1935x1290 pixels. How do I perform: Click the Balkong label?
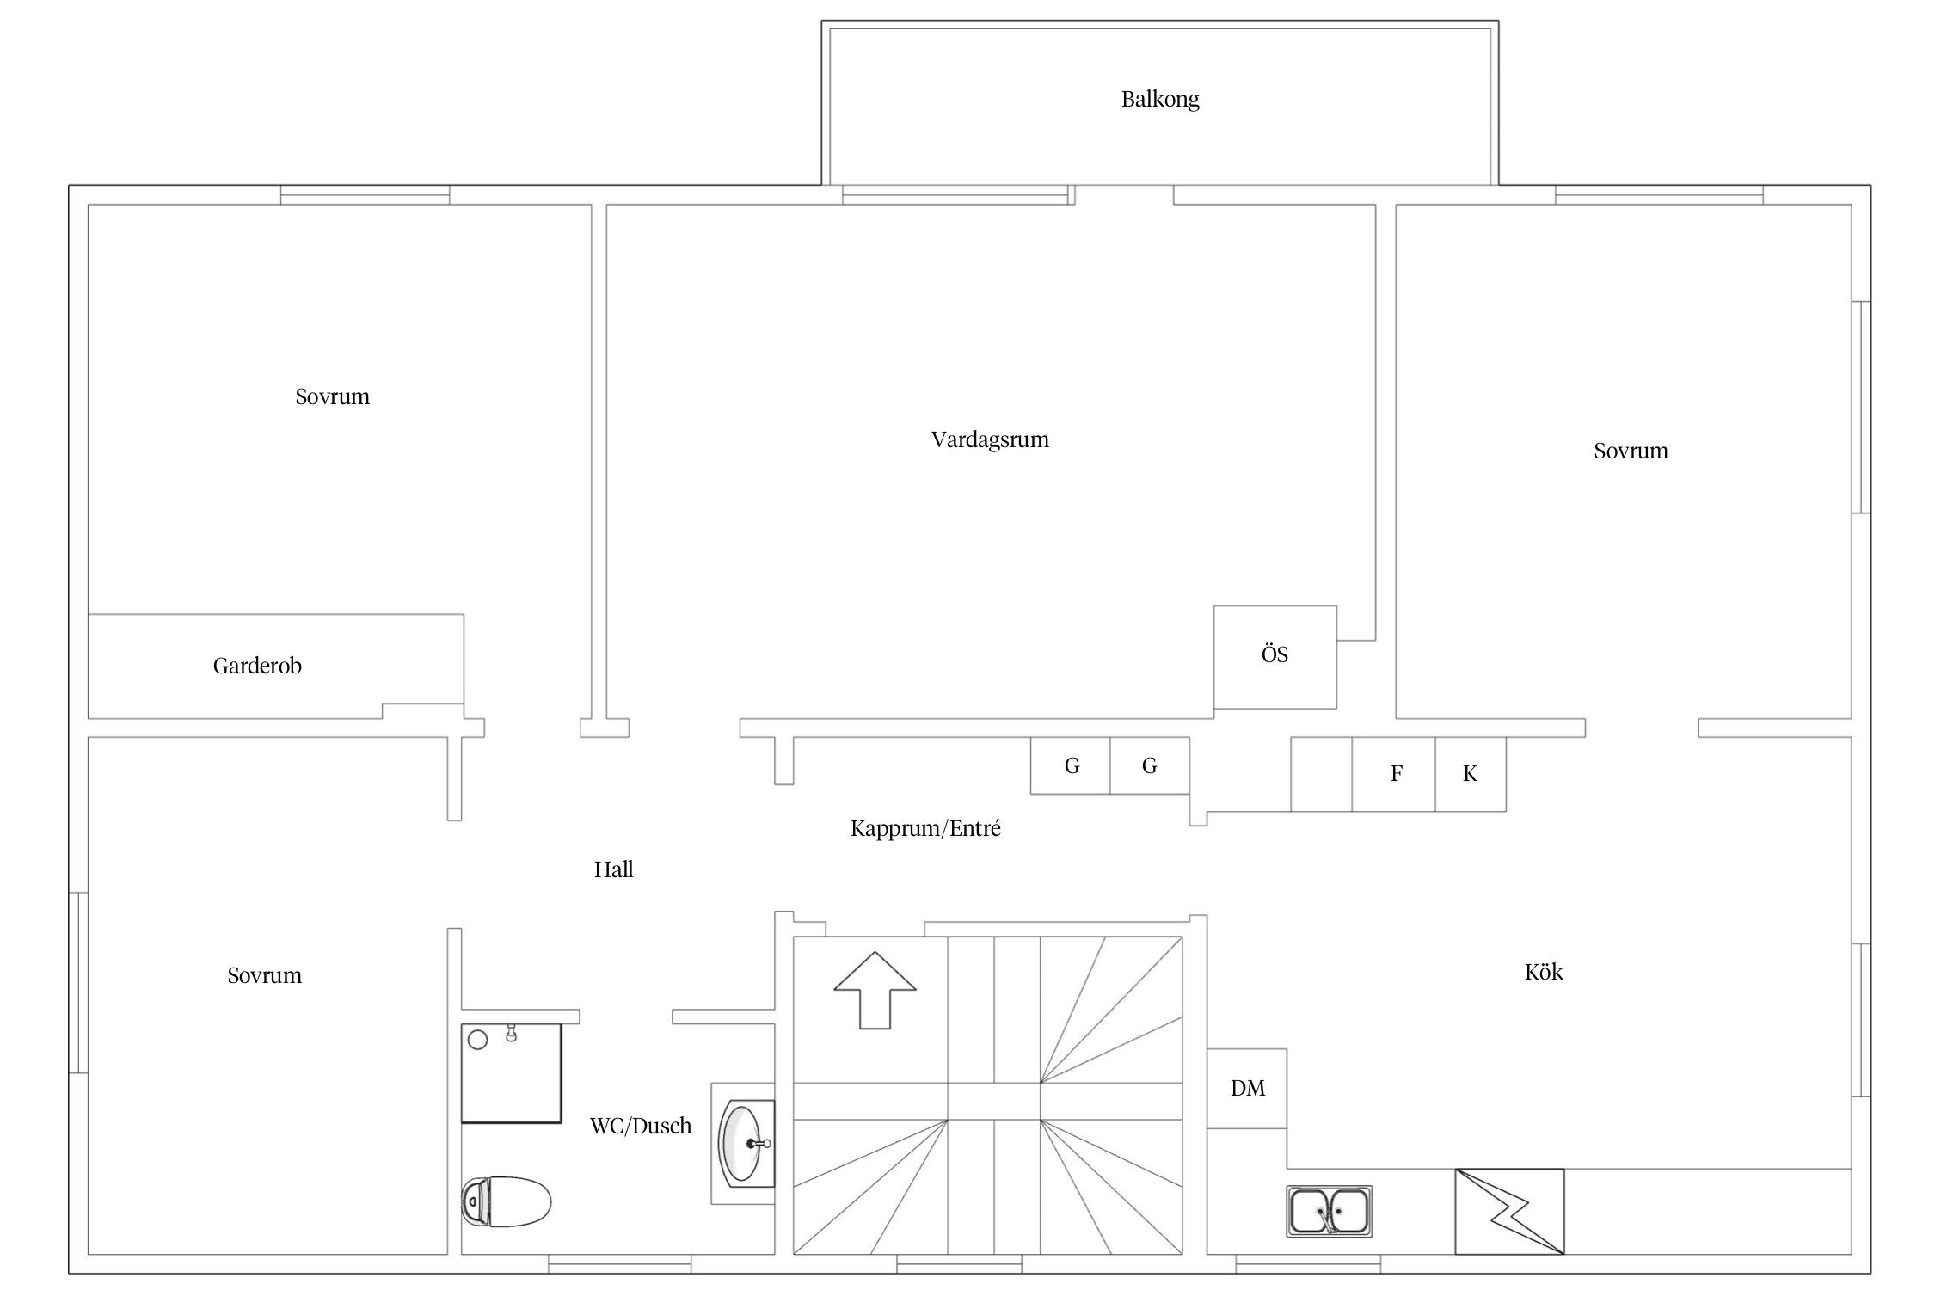[1160, 100]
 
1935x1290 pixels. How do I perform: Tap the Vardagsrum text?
[990, 440]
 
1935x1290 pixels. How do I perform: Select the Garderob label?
[257, 666]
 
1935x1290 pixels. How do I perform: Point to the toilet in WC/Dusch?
[506, 1201]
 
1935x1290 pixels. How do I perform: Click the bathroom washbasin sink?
[746, 1143]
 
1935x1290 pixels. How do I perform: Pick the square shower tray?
[512, 1072]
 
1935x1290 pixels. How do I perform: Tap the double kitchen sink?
[1330, 1211]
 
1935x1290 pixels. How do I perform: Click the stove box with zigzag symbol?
[1509, 1211]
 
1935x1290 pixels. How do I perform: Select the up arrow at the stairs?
[875, 990]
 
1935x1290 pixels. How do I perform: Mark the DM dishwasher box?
[1247, 1088]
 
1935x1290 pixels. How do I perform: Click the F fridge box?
[1393, 774]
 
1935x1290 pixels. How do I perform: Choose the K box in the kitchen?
[1471, 774]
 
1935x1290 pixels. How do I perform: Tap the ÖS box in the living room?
[1275, 657]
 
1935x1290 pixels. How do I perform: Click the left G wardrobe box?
[1071, 765]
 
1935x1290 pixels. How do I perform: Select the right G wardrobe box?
[1150, 765]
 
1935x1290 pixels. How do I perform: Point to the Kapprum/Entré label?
[925, 829]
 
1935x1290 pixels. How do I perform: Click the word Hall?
[613, 869]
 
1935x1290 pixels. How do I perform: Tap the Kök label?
[1544, 972]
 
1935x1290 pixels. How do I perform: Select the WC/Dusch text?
[641, 1126]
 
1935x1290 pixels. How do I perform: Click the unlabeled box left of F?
[1321, 774]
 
